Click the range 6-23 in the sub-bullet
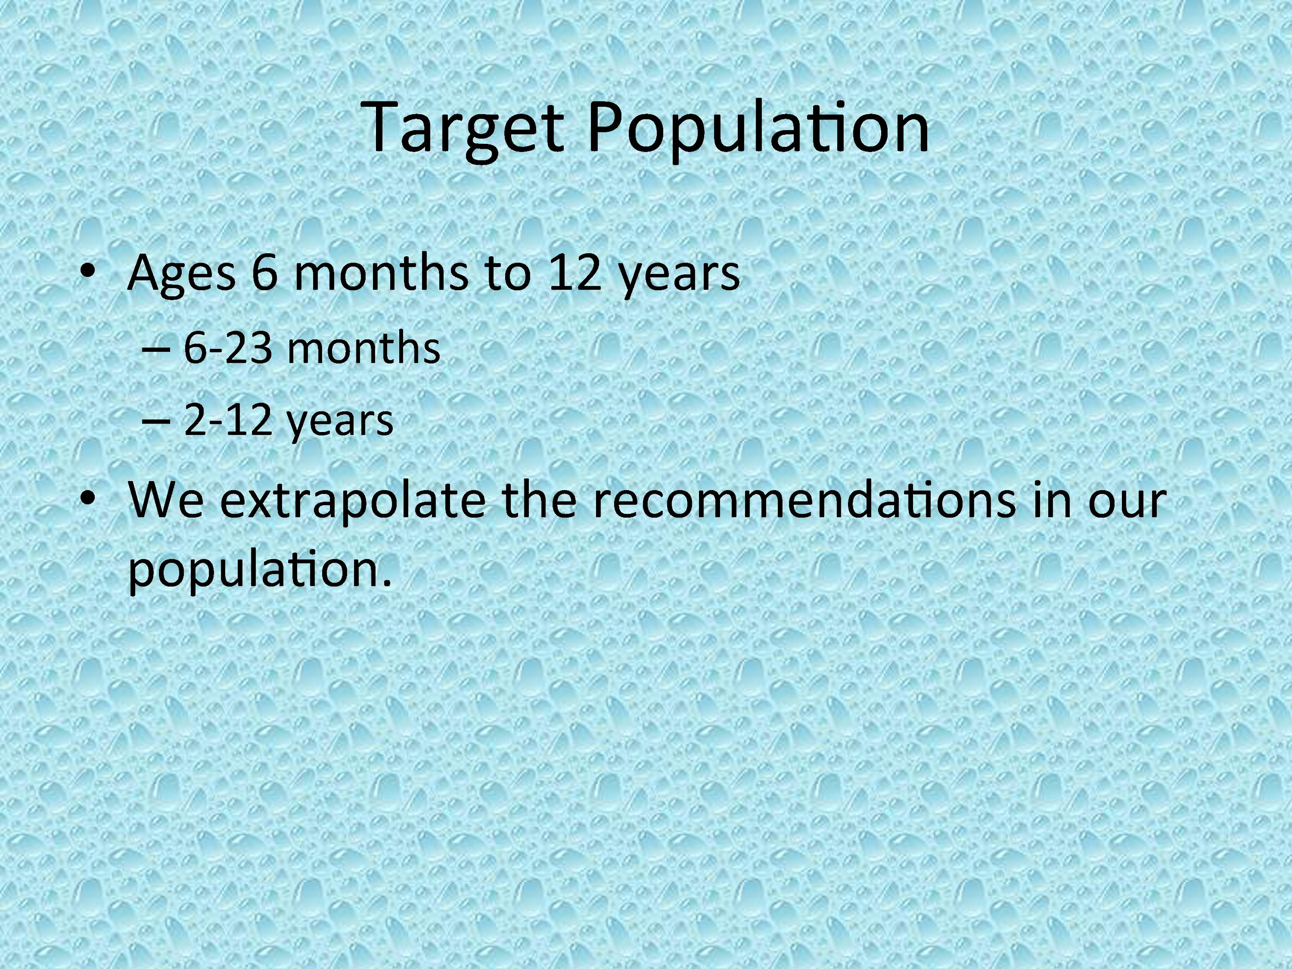point(228,348)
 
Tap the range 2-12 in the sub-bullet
point(228,420)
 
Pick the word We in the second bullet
point(166,500)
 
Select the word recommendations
point(803,500)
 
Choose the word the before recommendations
point(539,500)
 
